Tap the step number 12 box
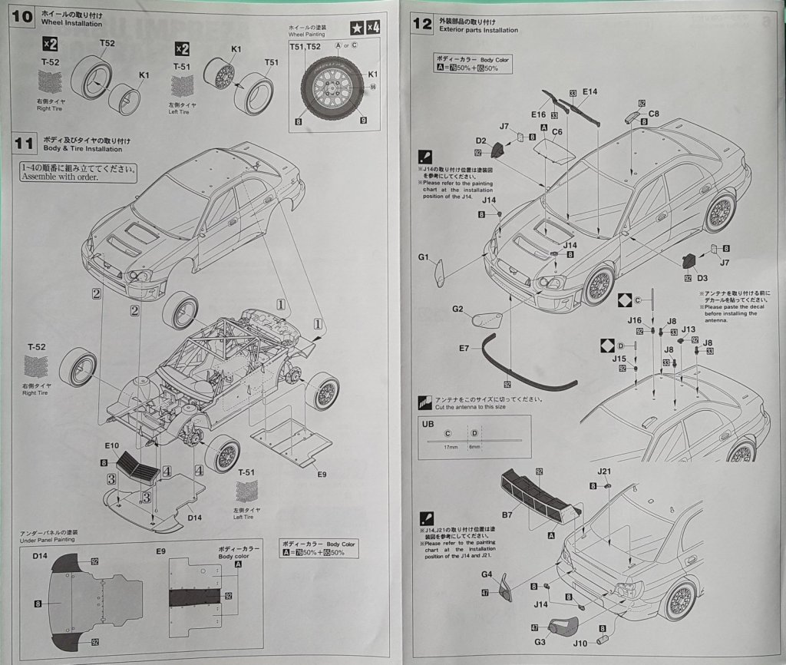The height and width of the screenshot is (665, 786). point(422,23)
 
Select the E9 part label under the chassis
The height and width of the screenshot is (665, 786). point(322,474)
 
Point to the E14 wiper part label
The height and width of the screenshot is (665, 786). point(589,91)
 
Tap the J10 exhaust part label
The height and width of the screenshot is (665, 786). point(580,643)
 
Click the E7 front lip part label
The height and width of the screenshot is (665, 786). point(464,348)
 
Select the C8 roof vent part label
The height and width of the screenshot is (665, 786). point(654,114)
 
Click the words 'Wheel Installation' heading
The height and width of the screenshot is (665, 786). point(72,24)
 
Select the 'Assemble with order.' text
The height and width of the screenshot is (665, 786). point(61,177)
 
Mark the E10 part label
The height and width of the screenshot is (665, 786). point(112,445)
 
